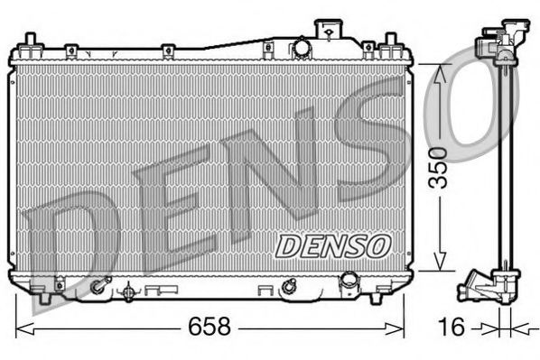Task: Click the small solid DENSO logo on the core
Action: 331,245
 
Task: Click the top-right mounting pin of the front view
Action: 391,42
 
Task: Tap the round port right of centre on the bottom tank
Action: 288,288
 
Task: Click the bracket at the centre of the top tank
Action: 268,47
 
